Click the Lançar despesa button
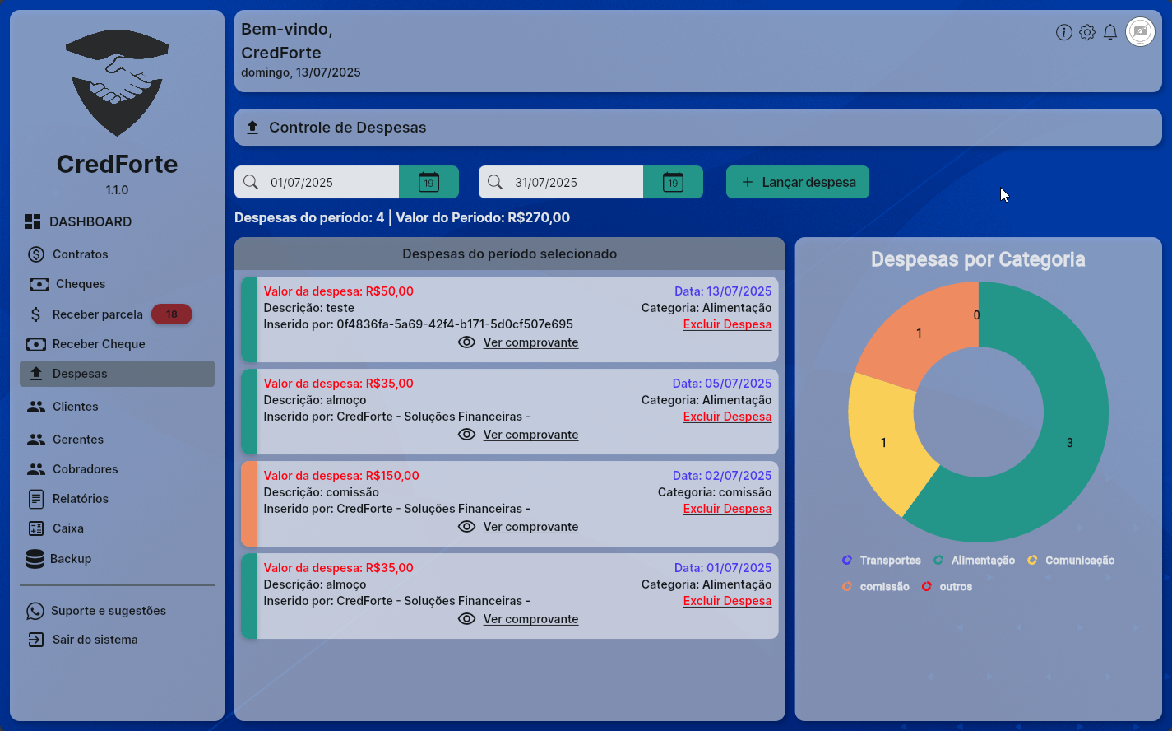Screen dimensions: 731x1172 tap(797, 182)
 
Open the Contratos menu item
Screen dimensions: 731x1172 tap(80, 254)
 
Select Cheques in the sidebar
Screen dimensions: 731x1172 tap(80, 284)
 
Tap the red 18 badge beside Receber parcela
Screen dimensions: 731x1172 tap(171, 314)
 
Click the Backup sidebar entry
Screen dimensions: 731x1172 tap(70, 559)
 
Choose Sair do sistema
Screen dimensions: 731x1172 tap(95, 640)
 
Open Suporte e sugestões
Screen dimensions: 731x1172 tap(108, 611)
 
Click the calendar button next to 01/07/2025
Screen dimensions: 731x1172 tap(428, 182)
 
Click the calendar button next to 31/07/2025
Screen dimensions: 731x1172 tap(673, 182)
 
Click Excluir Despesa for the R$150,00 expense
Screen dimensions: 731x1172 tap(727, 509)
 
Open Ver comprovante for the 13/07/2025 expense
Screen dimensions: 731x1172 tap(530, 342)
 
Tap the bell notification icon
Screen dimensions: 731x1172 tap(1110, 32)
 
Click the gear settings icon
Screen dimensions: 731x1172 tap(1087, 32)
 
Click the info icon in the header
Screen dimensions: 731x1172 tap(1063, 32)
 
